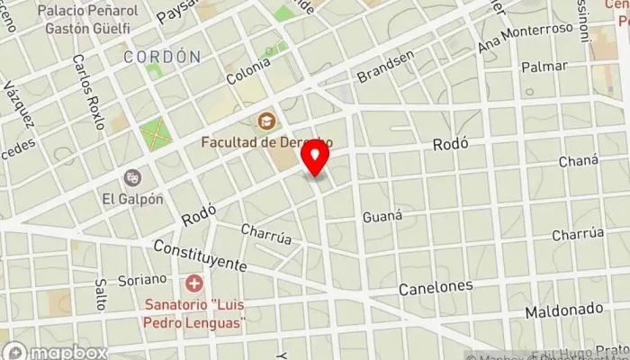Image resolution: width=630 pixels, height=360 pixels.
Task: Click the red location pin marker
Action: [x=316, y=158]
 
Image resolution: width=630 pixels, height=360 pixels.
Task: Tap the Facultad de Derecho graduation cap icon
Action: [x=267, y=120]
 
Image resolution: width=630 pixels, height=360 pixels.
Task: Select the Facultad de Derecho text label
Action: [x=267, y=142]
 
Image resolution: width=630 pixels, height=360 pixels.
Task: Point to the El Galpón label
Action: [x=132, y=199]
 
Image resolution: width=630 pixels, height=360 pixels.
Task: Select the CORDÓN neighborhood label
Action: [x=162, y=57]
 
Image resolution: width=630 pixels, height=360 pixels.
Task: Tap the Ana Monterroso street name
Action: [x=526, y=38]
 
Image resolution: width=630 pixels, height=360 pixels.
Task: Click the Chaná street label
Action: [x=578, y=161]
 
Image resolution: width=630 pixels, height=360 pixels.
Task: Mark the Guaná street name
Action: [x=381, y=217]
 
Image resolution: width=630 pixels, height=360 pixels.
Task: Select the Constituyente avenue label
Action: [x=200, y=256]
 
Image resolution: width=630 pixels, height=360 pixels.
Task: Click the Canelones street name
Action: [x=436, y=287]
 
